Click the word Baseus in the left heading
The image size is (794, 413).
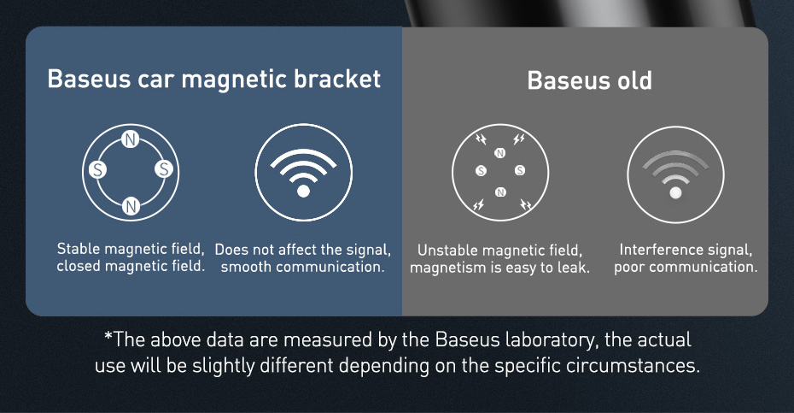(89, 79)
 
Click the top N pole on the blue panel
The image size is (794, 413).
(131, 139)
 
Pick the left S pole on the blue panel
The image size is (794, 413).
(97, 169)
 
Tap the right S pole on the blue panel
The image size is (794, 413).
(164, 168)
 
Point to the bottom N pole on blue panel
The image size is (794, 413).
(131, 206)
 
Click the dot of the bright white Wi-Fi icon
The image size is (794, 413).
(303, 191)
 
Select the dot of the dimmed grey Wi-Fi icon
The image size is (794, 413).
(675, 192)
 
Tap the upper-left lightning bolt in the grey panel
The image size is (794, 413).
(481, 139)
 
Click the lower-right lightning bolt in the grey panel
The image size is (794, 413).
(526, 204)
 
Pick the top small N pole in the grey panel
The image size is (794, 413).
(499, 153)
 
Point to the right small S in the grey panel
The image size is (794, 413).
(520, 170)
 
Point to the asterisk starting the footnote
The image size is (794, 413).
(108, 335)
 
